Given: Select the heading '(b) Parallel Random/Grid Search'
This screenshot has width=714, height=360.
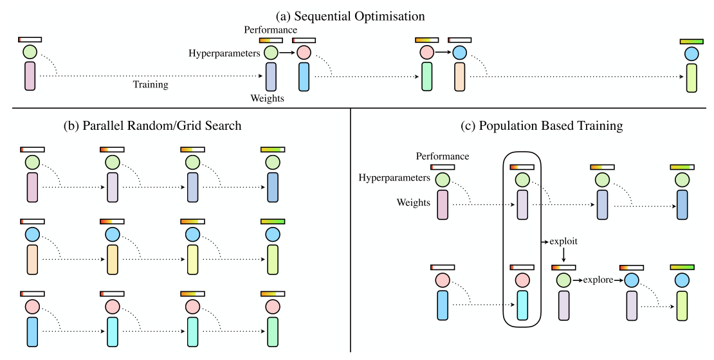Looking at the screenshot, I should [162, 126].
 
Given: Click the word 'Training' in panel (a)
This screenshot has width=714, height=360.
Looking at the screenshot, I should [151, 84].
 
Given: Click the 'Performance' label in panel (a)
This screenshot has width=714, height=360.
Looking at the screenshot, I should [270, 30].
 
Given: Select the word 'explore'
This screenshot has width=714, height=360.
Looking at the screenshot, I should [598, 280].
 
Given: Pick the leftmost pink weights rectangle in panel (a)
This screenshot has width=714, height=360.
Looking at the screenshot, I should [30, 76].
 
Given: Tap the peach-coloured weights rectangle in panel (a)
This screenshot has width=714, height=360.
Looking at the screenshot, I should [459, 76].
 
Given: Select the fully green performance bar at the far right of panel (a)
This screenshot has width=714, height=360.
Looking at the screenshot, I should [691, 41].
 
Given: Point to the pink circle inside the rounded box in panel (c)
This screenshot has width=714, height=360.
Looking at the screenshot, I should [522, 280].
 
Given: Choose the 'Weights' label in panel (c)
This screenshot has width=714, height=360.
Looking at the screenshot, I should [414, 203].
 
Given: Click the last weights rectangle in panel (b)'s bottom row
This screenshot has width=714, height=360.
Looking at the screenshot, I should [272, 331].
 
